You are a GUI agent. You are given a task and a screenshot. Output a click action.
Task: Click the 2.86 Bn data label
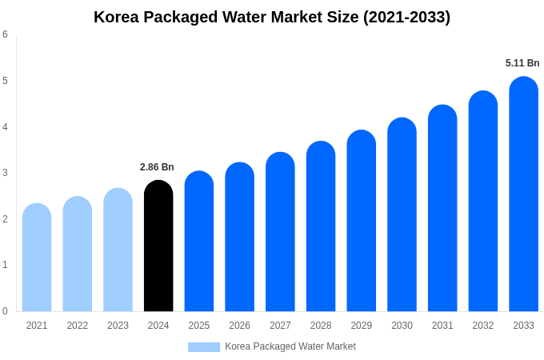click(x=157, y=167)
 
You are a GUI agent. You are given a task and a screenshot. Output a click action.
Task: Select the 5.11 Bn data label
click(x=522, y=63)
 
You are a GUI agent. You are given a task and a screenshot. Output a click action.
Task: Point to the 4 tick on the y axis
click(x=6, y=126)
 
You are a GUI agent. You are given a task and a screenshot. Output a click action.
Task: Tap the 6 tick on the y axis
click(x=6, y=34)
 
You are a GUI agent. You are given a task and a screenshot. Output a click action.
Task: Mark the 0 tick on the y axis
click(x=6, y=311)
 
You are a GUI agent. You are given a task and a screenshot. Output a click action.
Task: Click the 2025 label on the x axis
click(x=199, y=326)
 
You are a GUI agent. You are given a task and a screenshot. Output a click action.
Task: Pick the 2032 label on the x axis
click(x=483, y=326)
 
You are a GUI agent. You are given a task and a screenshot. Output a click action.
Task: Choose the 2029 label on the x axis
click(x=362, y=326)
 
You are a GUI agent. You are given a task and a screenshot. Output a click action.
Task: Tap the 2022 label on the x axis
click(x=78, y=326)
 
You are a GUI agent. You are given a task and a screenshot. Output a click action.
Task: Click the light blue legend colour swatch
click(x=204, y=347)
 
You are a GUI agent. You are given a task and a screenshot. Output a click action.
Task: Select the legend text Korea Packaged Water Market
click(x=290, y=346)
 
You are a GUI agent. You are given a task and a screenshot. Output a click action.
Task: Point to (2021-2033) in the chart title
click(x=406, y=17)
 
